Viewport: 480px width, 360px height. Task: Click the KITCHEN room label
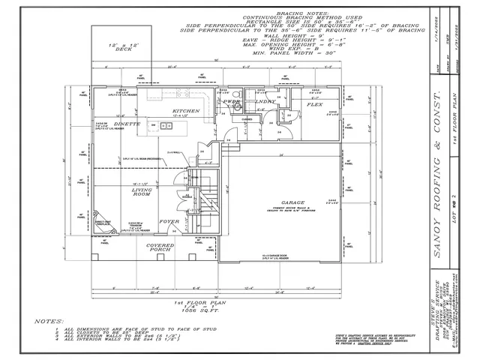[185, 110]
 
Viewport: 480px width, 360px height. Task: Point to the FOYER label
[169, 222]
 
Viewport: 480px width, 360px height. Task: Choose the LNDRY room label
[265, 100]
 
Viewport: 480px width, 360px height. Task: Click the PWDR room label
[231, 100]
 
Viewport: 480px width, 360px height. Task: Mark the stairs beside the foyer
[204, 199]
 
